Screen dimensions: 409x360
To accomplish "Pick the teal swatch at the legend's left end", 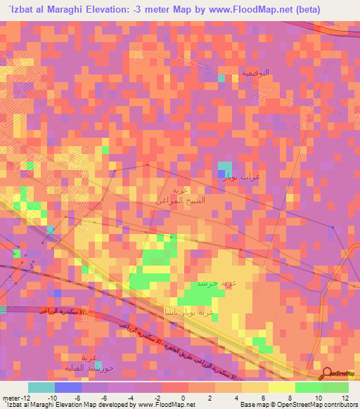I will pyautogui.click(x=41, y=387).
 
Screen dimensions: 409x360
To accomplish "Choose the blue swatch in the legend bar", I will pyautogui.click(x=68, y=387).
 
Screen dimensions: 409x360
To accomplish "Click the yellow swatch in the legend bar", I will pyautogui.click(x=281, y=387).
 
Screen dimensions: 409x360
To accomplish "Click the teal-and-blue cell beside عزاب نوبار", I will pyautogui.click(x=223, y=169).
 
